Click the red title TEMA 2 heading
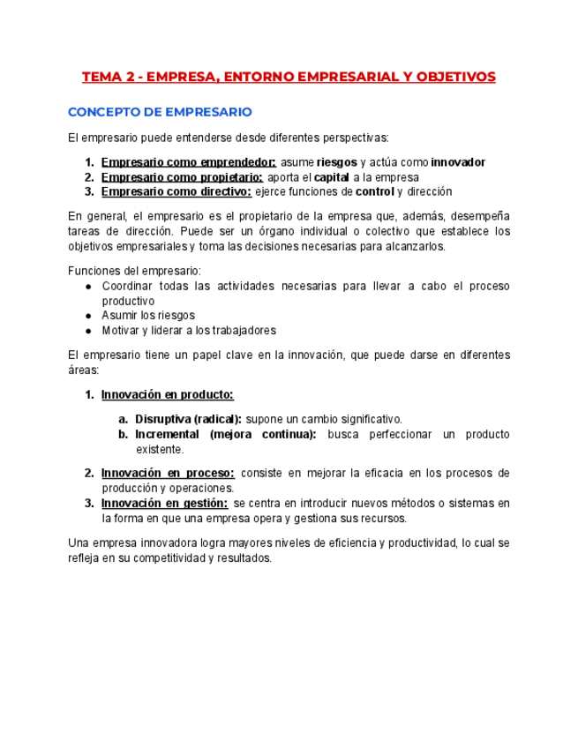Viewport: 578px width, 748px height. (289, 77)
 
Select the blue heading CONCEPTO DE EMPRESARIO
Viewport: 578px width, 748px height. (160, 112)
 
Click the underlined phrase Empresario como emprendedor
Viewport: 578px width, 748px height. (188, 162)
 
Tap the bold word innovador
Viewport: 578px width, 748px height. (458, 162)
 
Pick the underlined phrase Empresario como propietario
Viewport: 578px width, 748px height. (181, 177)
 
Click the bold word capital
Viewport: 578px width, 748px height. (332, 177)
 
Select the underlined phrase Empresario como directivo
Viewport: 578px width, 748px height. (176, 191)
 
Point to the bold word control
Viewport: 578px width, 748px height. (374, 191)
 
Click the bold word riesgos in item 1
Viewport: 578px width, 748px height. (336, 162)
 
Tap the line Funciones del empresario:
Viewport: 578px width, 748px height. (134, 271)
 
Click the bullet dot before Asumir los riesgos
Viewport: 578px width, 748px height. (89, 315)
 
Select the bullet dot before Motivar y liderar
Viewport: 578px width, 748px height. (89, 331)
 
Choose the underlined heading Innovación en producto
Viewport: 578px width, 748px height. (167, 394)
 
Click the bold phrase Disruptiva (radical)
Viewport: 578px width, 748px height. (188, 419)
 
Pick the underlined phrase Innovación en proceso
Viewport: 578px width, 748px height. (168, 473)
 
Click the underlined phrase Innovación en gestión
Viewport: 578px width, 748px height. (164, 503)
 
